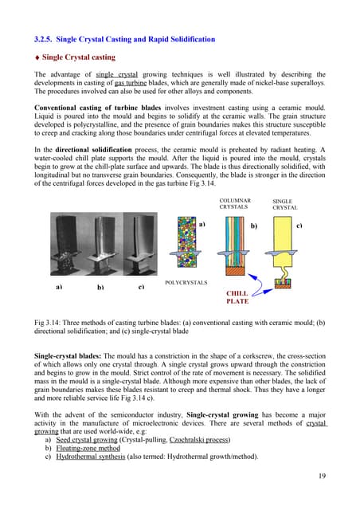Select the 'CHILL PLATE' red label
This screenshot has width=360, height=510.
click(x=238, y=297)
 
